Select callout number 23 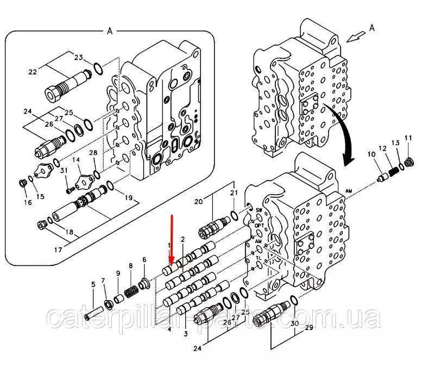78,57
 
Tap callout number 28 93,154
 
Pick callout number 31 64,171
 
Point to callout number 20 198,201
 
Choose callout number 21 234,193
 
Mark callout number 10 372,155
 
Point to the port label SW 259,210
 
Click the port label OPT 260,225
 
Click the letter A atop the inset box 109,32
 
